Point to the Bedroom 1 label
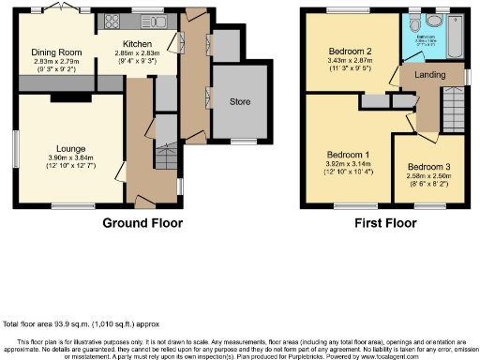tap(347, 154)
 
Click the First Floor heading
tap(385, 223)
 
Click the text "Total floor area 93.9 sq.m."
tap(66, 322)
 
